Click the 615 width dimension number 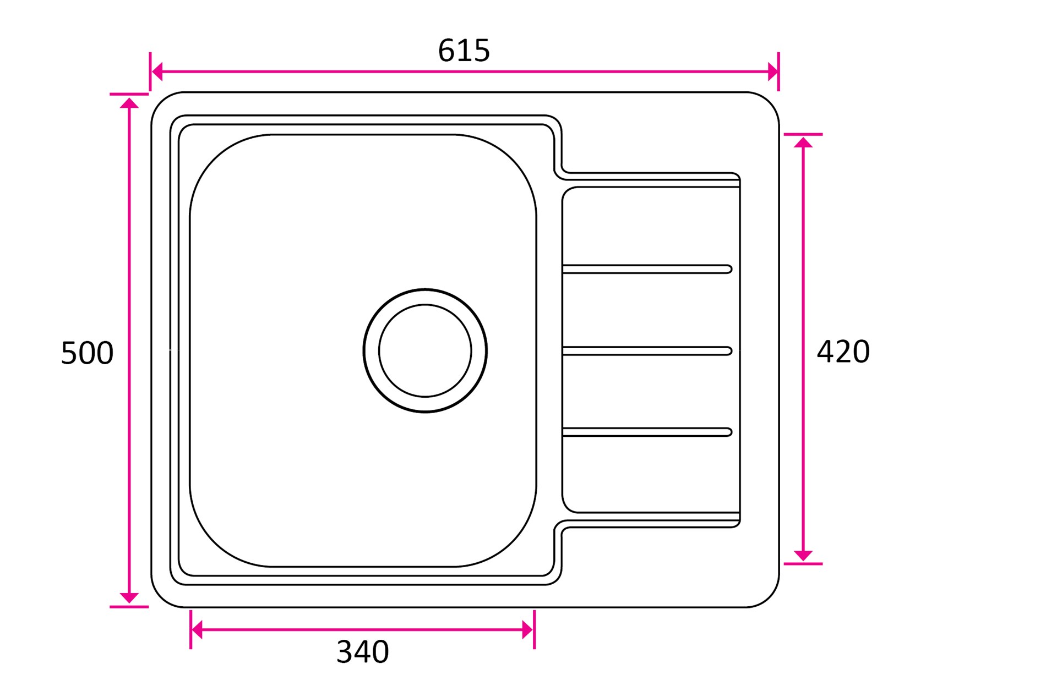464,51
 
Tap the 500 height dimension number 87,353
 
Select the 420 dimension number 843,352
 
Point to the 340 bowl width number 363,652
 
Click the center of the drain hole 425,350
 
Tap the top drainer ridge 647,269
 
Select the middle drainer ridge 647,351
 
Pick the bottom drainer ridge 647,432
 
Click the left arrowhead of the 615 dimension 157,72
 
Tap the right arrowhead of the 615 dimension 772,72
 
